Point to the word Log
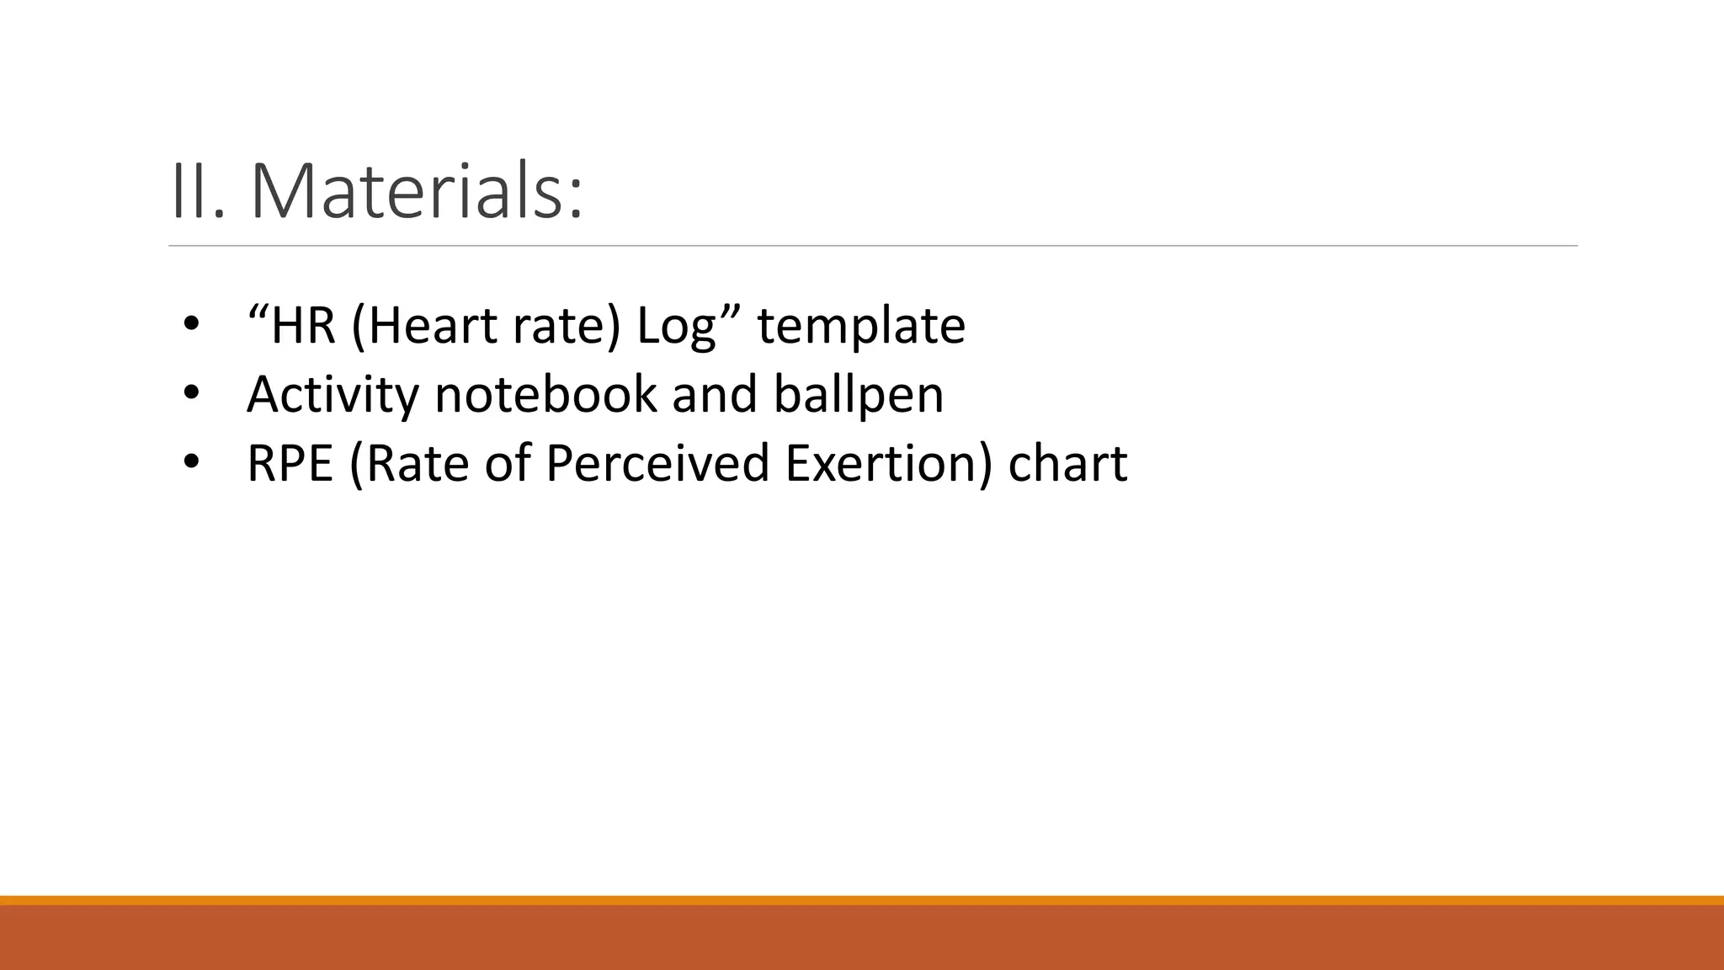click(676, 328)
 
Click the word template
click(860, 328)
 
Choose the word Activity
click(333, 395)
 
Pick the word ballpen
click(859, 395)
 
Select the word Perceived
click(657, 463)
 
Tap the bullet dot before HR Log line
click(191, 325)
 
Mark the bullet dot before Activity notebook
click(191, 393)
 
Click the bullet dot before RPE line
click(191, 462)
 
